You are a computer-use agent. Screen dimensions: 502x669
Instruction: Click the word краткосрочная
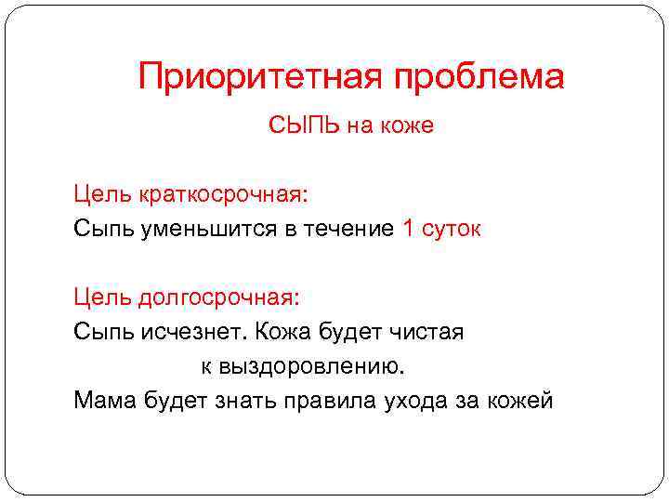coord(222,195)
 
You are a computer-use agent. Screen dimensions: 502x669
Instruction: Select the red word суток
coord(453,229)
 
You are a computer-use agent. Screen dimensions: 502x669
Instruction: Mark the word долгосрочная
coord(219,297)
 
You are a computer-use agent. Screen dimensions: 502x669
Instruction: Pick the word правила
coord(329,400)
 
